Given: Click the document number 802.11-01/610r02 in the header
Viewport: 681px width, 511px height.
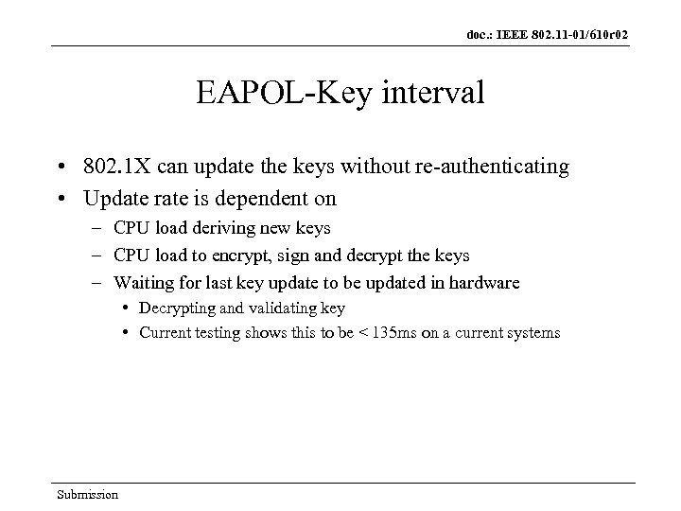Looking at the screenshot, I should coord(578,35).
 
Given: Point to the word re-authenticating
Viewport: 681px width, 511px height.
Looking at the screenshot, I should coord(499,167).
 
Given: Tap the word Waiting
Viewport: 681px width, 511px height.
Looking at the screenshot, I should coord(142,282).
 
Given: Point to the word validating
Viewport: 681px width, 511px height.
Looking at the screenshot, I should coord(279,308).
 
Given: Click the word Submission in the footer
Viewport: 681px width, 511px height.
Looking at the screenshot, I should coord(87,494).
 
